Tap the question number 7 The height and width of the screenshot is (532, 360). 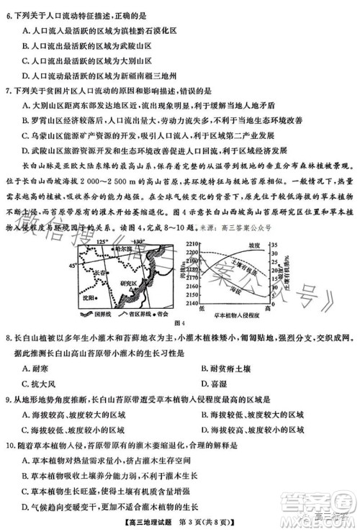point(6,91)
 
